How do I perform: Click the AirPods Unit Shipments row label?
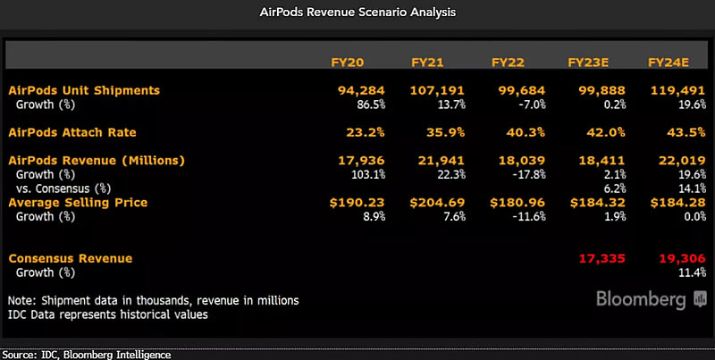coord(84,90)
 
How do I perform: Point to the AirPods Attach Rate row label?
coord(72,131)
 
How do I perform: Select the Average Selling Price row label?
coord(78,203)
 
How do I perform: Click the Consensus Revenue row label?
coord(70,258)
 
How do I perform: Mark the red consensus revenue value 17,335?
coord(597,258)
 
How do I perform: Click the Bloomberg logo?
coord(638,298)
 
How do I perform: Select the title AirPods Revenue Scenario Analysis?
coord(357,13)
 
